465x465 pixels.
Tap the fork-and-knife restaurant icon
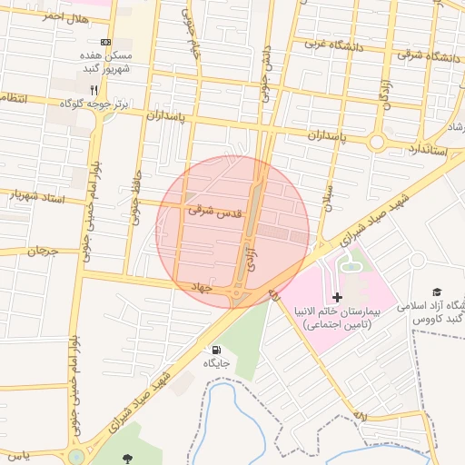pos(94,90)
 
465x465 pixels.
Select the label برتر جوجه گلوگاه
pos(94,104)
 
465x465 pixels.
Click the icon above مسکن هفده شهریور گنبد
pos(106,42)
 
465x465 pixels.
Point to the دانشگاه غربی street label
pos(333,44)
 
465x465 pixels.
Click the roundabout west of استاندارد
pos(377,142)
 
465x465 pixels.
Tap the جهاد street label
pos(199,287)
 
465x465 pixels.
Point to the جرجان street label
pos(41,250)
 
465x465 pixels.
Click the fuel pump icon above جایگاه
pos(215,350)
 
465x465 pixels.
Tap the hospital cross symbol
pos(338,297)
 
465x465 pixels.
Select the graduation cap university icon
pos(437,292)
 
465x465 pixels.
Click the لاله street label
pos(360,415)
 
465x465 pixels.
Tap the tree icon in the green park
pos(124,457)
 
